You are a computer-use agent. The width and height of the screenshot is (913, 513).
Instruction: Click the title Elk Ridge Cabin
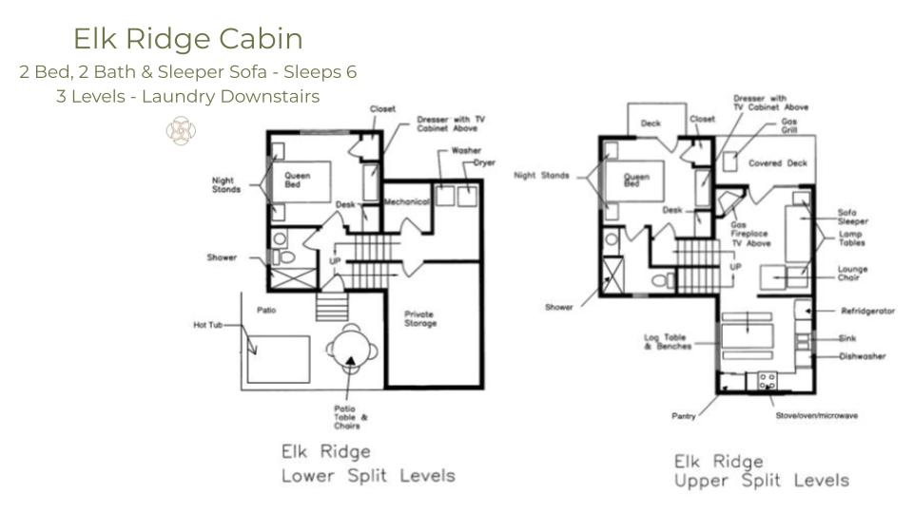tap(188, 39)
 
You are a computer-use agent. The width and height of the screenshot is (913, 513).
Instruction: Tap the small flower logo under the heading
tap(181, 130)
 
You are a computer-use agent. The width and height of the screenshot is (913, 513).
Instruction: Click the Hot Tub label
tap(209, 326)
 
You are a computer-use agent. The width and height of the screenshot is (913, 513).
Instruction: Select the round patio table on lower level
tap(351, 349)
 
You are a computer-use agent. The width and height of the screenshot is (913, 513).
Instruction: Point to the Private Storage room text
tap(419, 318)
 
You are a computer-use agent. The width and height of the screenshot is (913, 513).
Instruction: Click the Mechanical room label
tap(408, 201)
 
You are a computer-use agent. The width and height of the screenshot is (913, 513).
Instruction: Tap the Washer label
tap(466, 151)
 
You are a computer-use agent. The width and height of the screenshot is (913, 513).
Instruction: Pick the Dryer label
tap(485, 163)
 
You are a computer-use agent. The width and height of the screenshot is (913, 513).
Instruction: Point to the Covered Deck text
tap(777, 163)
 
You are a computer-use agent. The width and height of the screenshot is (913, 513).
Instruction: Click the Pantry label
tap(682, 415)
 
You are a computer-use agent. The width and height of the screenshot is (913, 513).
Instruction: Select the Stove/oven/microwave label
tap(815, 415)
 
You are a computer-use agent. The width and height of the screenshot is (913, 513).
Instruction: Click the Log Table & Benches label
tap(667, 341)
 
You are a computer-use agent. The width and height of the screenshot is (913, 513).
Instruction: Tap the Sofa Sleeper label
tap(853, 217)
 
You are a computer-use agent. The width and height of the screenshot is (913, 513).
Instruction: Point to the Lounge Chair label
tap(852, 274)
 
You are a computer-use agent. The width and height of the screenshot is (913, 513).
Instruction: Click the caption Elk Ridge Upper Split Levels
tap(761, 470)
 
